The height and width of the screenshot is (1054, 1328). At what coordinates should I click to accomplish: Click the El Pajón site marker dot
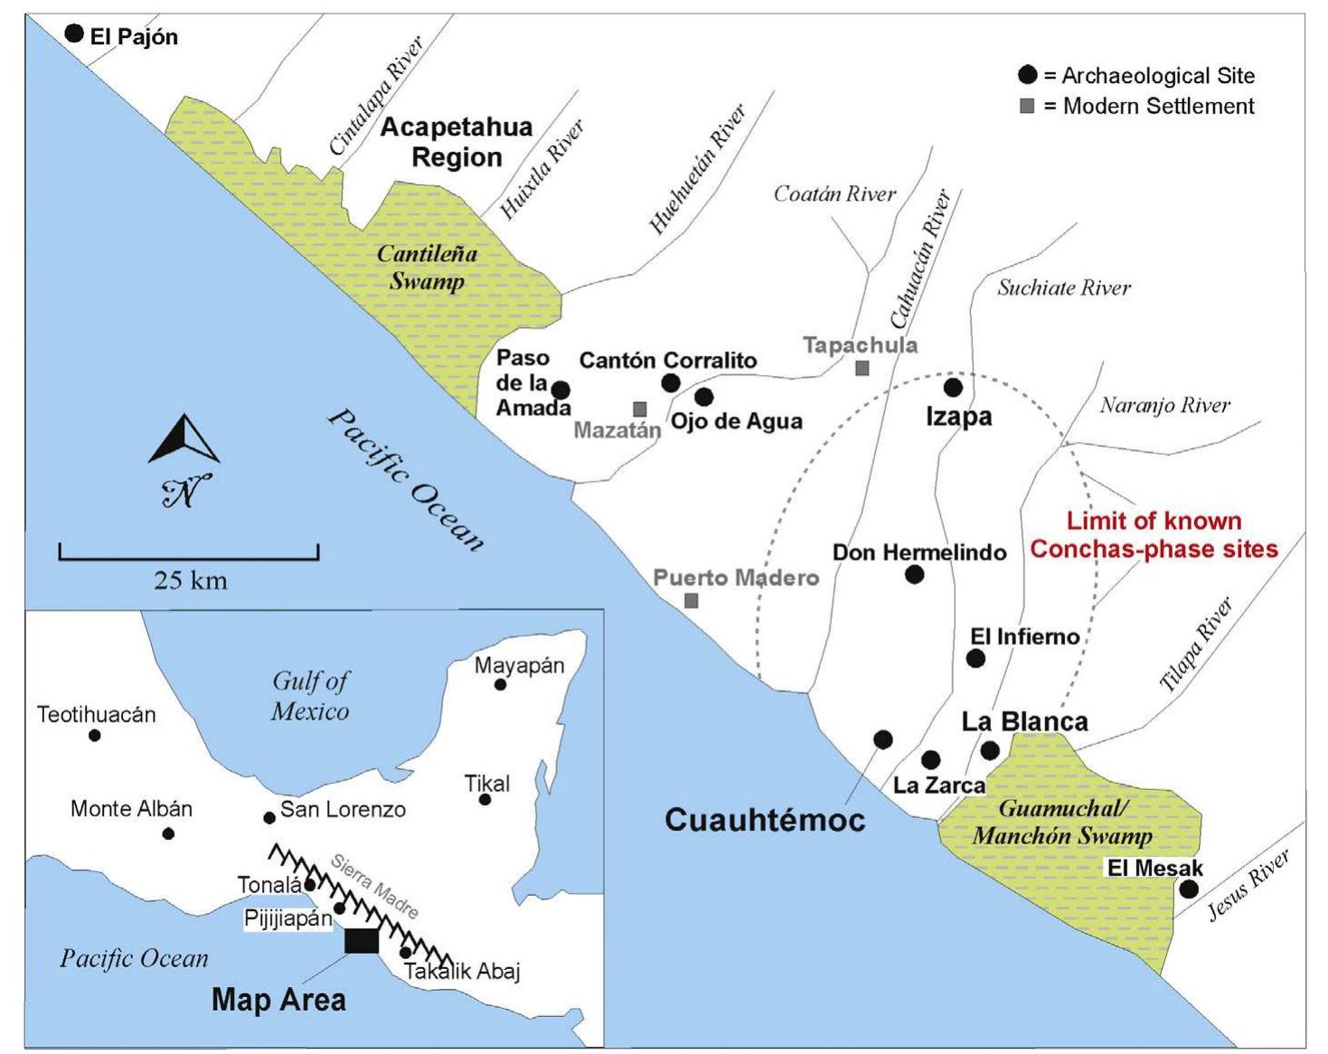tap(74, 34)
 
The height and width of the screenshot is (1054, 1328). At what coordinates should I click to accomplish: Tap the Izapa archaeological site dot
tap(953, 388)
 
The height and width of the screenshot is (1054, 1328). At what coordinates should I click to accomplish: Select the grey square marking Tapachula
tap(862, 368)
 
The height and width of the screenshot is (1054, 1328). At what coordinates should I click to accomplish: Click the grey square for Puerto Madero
tap(692, 600)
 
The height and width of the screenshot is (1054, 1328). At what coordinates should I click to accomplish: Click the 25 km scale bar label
tap(190, 580)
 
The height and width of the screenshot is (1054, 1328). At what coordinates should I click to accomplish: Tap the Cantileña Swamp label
tap(426, 268)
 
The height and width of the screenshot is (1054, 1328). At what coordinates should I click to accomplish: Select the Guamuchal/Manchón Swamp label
tap(1062, 822)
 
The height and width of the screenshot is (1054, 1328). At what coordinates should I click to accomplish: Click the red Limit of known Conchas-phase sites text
tap(1154, 535)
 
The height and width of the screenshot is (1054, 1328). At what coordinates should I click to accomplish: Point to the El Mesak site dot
tap(1189, 889)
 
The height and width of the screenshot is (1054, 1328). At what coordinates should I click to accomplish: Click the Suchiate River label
tap(1064, 288)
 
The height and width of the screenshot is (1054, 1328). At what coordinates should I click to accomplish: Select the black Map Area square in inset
tap(362, 941)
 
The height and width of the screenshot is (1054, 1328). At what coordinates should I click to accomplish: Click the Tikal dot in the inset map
tap(485, 800)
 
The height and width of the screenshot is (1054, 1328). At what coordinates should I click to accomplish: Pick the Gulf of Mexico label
tap(310, 696)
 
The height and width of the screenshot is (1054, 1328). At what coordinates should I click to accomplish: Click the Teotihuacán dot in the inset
tap(95, 736)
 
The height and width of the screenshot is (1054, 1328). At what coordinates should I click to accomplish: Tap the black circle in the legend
tap(1027, 75)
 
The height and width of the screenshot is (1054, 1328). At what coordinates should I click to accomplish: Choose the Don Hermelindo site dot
tap(914, 574)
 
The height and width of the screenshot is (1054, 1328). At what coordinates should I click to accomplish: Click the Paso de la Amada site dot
tap(560, 391)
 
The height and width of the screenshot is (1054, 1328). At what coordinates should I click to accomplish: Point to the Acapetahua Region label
tap(457, 142)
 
